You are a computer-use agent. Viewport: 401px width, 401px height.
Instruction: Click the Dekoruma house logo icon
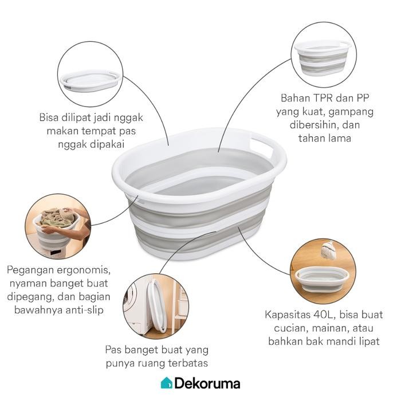click(166, 383)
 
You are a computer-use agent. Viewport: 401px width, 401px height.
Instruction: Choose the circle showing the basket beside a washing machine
click(156, 304)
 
